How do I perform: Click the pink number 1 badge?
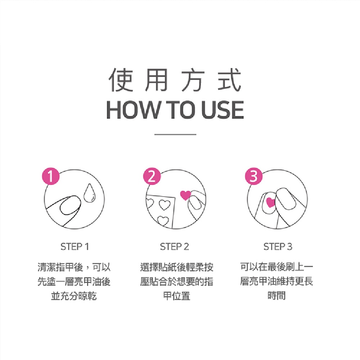[51, 177]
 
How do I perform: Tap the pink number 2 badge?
[152, 176]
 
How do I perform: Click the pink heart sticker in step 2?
[185, 195]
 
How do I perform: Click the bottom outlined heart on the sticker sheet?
[163, 221]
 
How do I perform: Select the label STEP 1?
[75, 247]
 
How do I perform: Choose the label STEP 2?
[175, 247]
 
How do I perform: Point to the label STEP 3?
[278, 247]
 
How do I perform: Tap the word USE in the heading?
[222, 110]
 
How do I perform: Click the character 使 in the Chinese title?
[121, 80]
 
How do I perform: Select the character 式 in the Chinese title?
[229, 80]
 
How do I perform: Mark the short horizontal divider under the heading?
[175, 134]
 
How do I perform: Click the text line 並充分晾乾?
[74, 296]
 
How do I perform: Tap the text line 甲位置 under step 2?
[177, 296]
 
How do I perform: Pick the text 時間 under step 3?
[276, 296]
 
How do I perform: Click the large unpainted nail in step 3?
[286, 199]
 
